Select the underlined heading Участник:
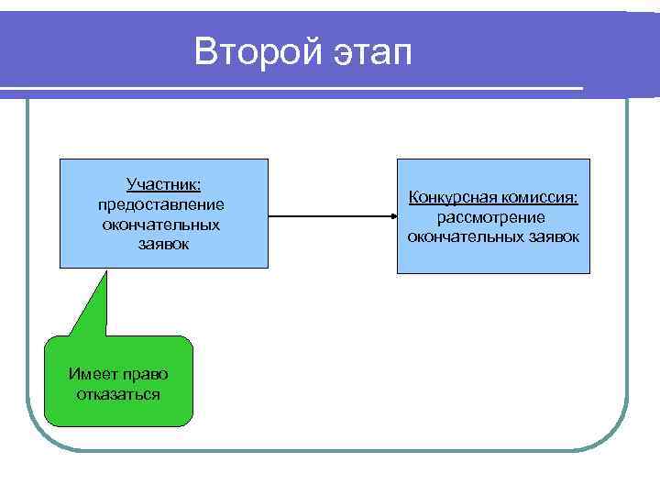[164, 186]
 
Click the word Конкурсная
[450, 198]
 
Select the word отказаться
[118, 394]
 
